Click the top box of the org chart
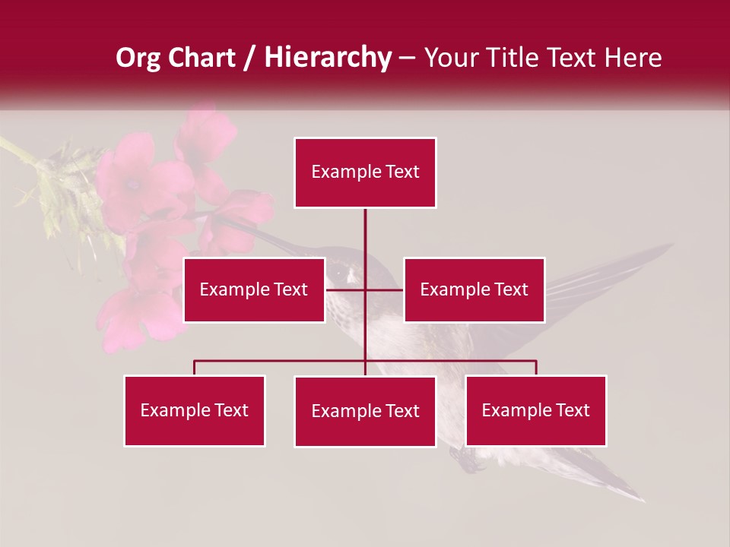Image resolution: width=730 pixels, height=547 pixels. click(x=365, y=172)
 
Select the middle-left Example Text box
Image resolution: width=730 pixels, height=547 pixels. click(x=253, y=289)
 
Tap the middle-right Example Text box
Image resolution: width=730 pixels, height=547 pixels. click(x=474, y=289)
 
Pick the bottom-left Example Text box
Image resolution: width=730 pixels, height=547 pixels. click(x=194, y=410)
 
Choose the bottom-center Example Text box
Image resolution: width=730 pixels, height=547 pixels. click(x=365, y=411)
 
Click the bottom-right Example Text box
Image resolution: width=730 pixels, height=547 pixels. click(x=535, y=410)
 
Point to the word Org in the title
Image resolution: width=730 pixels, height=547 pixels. click(x=138, y=58)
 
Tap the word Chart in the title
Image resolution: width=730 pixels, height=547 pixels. click(x=202, y=58)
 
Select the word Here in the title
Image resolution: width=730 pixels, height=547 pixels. click(x=633, y=58)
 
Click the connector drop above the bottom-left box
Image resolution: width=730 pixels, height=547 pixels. click(x=194, y=368)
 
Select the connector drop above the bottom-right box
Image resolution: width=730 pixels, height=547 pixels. click(x=536, y=368)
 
